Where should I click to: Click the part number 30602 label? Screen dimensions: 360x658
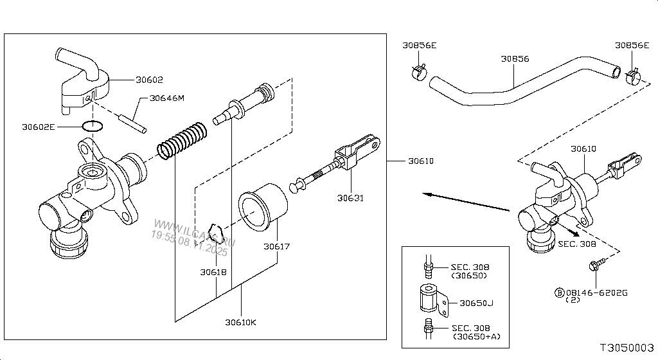pyautogui.click(x=149, y=80)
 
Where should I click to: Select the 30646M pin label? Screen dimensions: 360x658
pyautogui.click(x=166, y=98)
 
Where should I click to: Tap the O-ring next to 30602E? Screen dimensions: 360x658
pyautogui.click(x=93, y=126)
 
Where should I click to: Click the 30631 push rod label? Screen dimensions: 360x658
pyautogui.click(x=351, y=198)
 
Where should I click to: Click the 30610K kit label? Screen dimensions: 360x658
pyautogui.click(x=241, y=321)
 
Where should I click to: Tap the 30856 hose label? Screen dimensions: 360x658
pyautogui.click(x=515, y=59)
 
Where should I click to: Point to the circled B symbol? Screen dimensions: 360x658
pyautogui.click(x=560, y=292)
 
